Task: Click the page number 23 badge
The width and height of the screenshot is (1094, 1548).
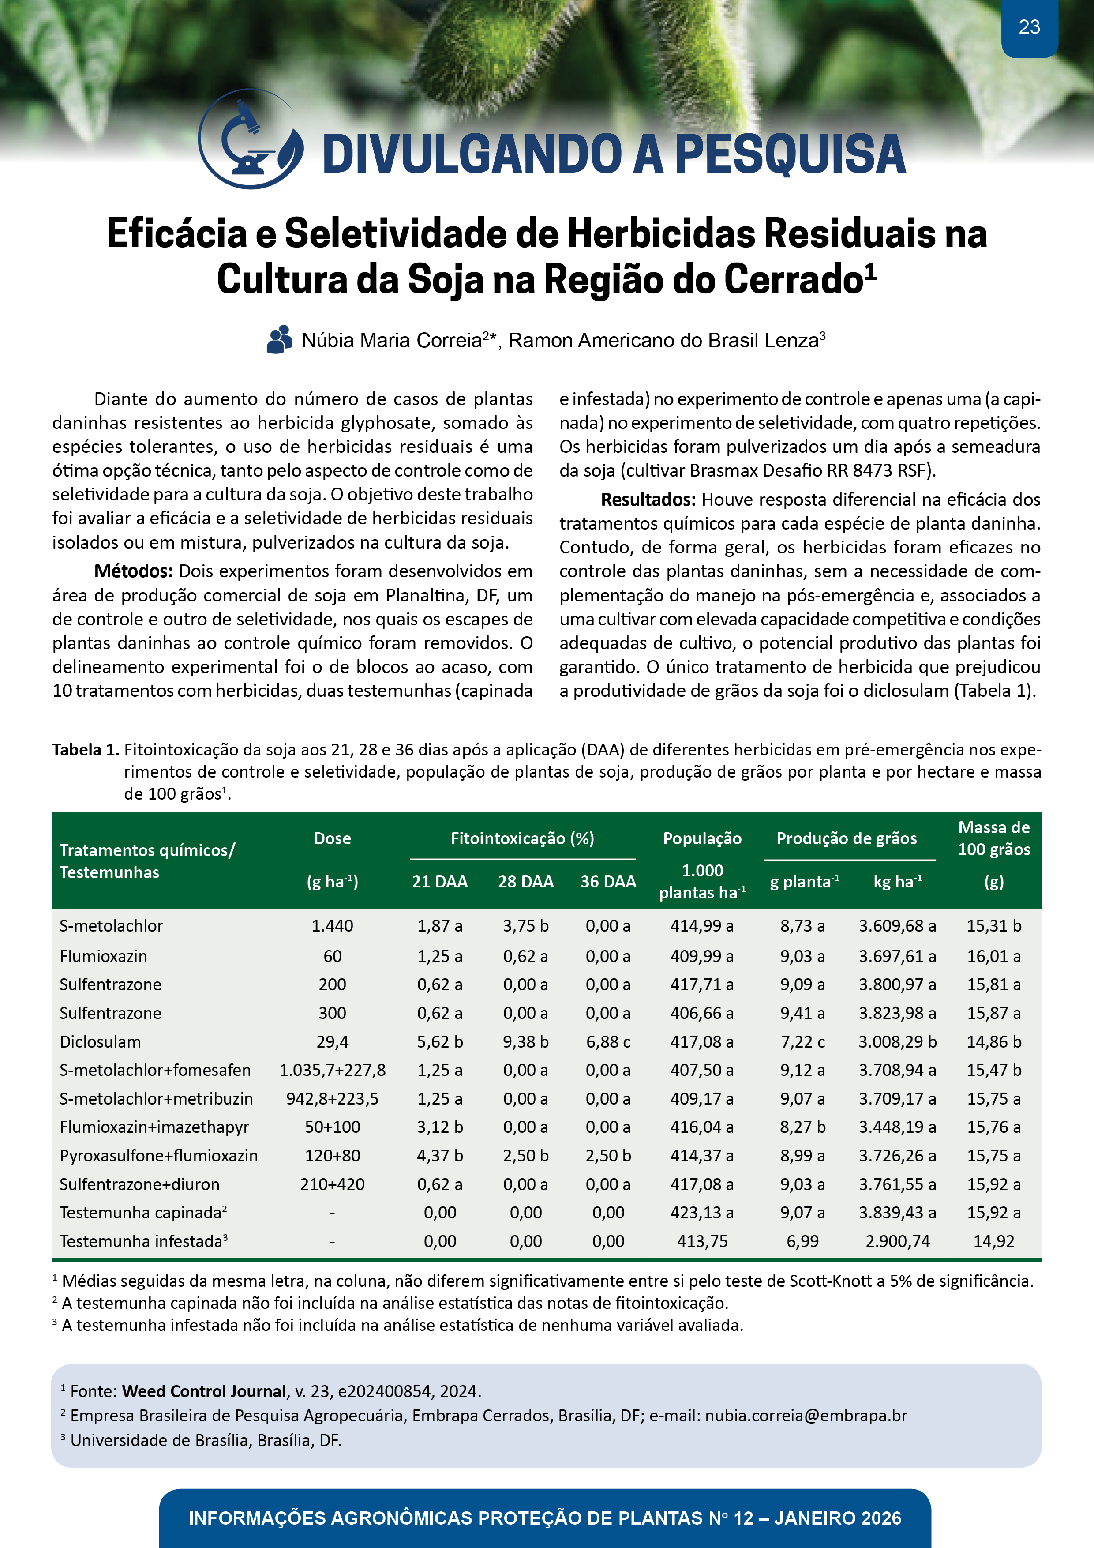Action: [1029, 28]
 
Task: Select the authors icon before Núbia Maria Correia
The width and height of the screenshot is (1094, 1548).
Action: [279, 340]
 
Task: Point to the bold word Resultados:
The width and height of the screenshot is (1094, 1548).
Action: [648, 500]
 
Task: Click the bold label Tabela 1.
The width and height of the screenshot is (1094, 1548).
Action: [86, 750]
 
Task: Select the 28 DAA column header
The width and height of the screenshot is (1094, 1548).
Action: [526, 881]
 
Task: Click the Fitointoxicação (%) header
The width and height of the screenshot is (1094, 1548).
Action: [522, 838]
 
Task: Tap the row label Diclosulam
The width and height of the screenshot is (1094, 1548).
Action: [101, 1042]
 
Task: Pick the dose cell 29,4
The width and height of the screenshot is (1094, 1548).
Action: [332, 1042]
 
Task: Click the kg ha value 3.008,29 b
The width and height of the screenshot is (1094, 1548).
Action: [897, 1042]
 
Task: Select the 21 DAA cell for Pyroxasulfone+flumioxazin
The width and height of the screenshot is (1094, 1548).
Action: [439, 1156]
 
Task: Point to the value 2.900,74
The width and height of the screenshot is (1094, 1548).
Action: [897, 1241]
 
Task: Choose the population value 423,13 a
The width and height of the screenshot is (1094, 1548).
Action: [702, 1213]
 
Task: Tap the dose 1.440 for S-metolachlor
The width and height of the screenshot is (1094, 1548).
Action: [332, 926]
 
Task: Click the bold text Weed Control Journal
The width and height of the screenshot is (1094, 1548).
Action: [204, 1391]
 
